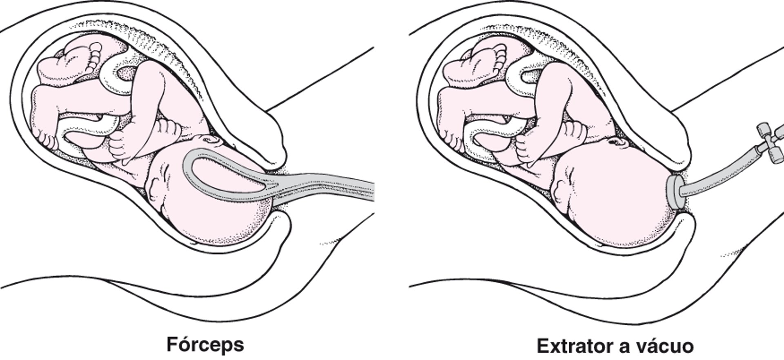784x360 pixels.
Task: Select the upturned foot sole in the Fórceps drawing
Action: (80, 61)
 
